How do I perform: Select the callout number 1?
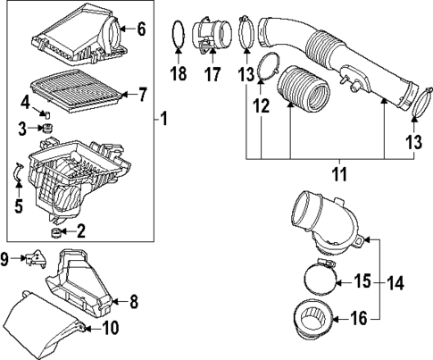(x=162, y=117)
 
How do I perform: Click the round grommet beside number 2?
(x=59, y=235)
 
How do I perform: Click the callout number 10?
(x=112, y=328)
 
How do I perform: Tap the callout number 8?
(x=134, y=302)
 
